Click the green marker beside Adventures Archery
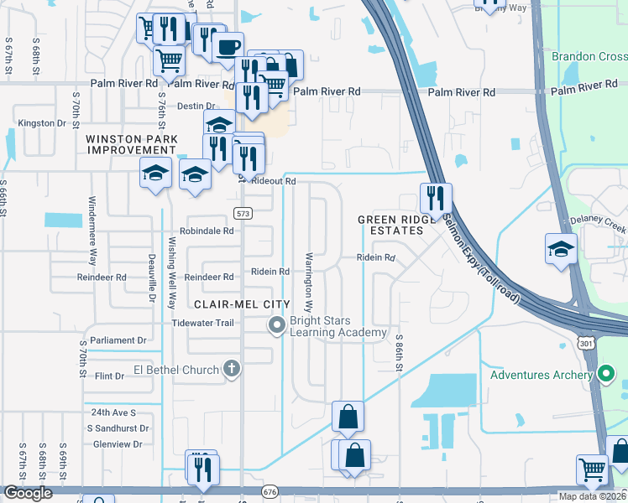[607, 374]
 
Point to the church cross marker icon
[232, 369]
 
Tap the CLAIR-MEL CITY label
[242, 304]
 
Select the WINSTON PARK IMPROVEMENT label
[134, 143]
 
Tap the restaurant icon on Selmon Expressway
[436, 199]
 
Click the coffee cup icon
[227, 48]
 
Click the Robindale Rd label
[206, 231]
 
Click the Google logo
[27, 493]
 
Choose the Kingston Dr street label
[42, 123]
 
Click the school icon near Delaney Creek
[561, 248]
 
